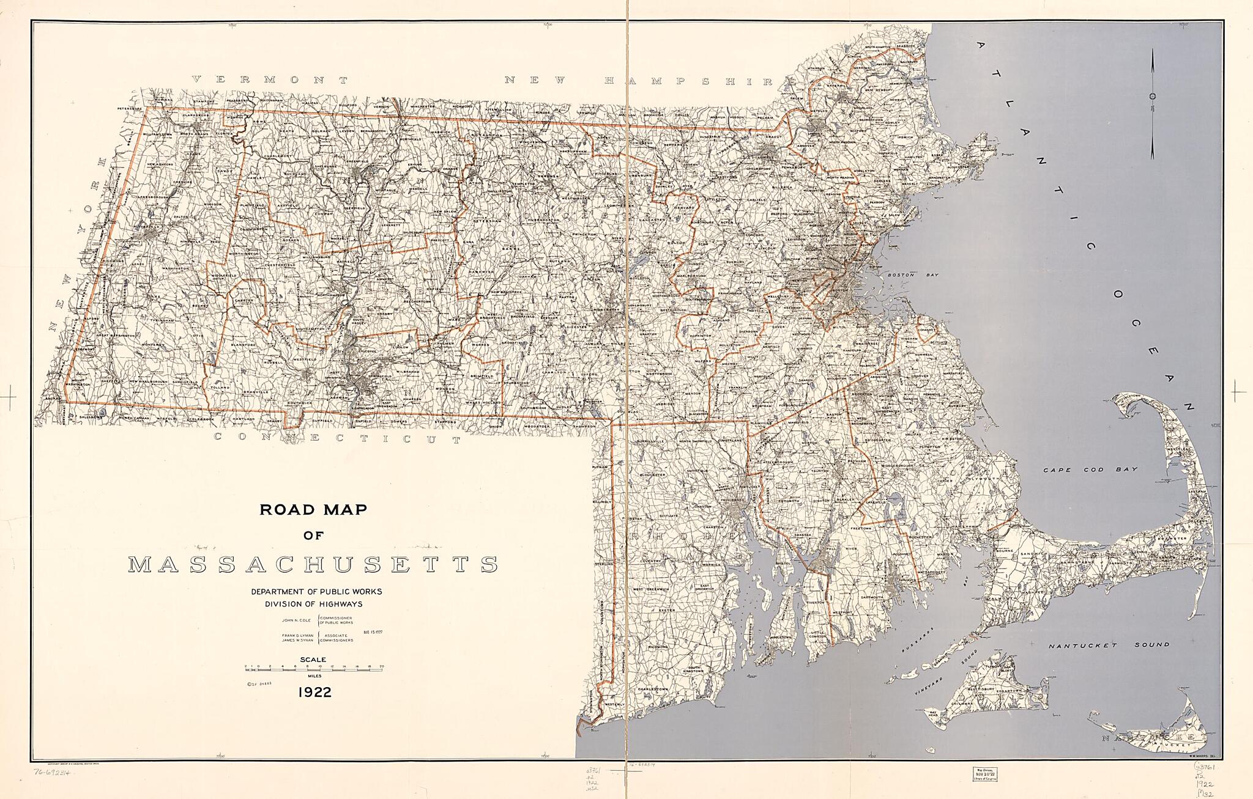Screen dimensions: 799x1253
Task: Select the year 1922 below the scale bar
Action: pyautogui.click(x=314, y=693)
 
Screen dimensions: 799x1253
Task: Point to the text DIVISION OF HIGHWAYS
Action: pyautogui.click(x=313, y=604)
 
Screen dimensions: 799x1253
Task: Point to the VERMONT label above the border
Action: pyautogui.click(x=270, y=79)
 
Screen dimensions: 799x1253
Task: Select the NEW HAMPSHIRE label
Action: pyautogui.click(x=642, y=81)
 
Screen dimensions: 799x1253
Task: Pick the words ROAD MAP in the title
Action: pyautogui.click(x=313, y=510)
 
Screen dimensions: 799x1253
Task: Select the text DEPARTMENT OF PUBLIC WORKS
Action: pyautogui.click(x=316, y=592)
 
